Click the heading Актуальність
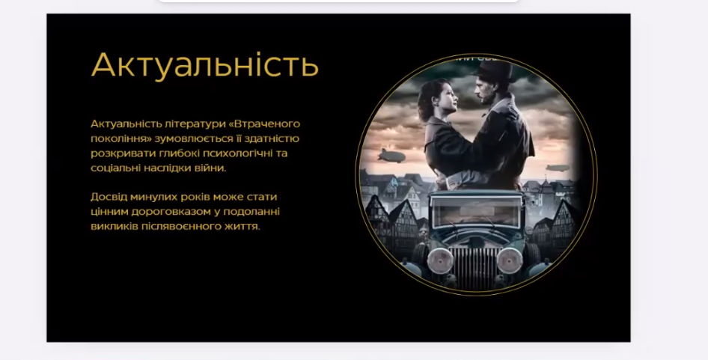coord(205,64)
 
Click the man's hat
coord(494,71)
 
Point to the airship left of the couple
coord(391,156)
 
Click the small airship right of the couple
coord(556,168)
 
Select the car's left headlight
coord(440,261)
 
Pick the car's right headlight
coord(510,260)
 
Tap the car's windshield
coord(476,211)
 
